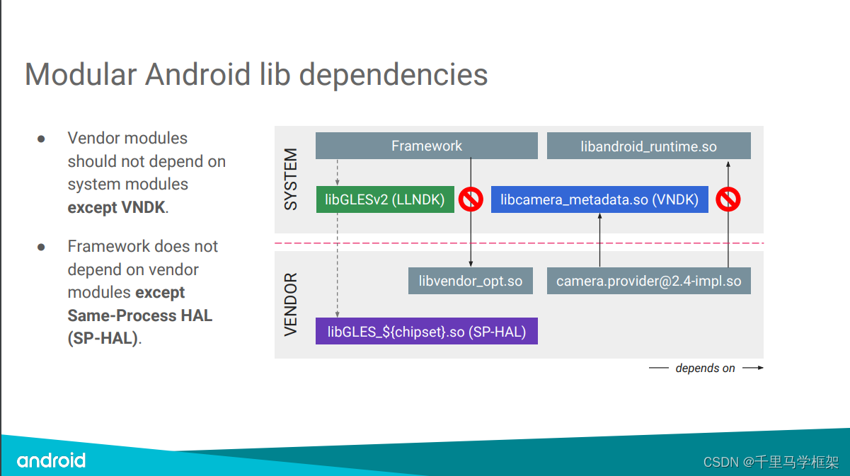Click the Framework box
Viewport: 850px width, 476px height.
coord(426,146)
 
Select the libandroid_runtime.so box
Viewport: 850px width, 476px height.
coord(648,146)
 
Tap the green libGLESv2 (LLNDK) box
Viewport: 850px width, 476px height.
coord(385,199)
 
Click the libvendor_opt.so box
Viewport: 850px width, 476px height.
coord(470,281)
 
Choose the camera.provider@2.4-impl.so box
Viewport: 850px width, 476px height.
coord(648,281)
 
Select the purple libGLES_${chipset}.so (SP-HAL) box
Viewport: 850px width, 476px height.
coord(426,331)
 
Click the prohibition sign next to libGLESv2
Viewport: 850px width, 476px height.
coord(471,199)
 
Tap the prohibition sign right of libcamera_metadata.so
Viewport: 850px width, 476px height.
coord(728,199)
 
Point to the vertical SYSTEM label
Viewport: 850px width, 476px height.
coord(291,180)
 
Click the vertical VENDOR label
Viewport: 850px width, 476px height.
coord(291,304)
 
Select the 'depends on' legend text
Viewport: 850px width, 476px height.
coord(705,368)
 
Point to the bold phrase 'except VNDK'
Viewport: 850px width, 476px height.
coord(116,207)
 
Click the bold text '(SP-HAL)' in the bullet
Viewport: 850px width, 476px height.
coord(103,338)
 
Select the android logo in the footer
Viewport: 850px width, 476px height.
coord(51,460)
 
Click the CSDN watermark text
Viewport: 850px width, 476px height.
coord(771,462)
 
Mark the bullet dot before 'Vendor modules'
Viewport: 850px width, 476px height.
coord(41,139)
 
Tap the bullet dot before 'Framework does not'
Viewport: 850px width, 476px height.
coord(41,247)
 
